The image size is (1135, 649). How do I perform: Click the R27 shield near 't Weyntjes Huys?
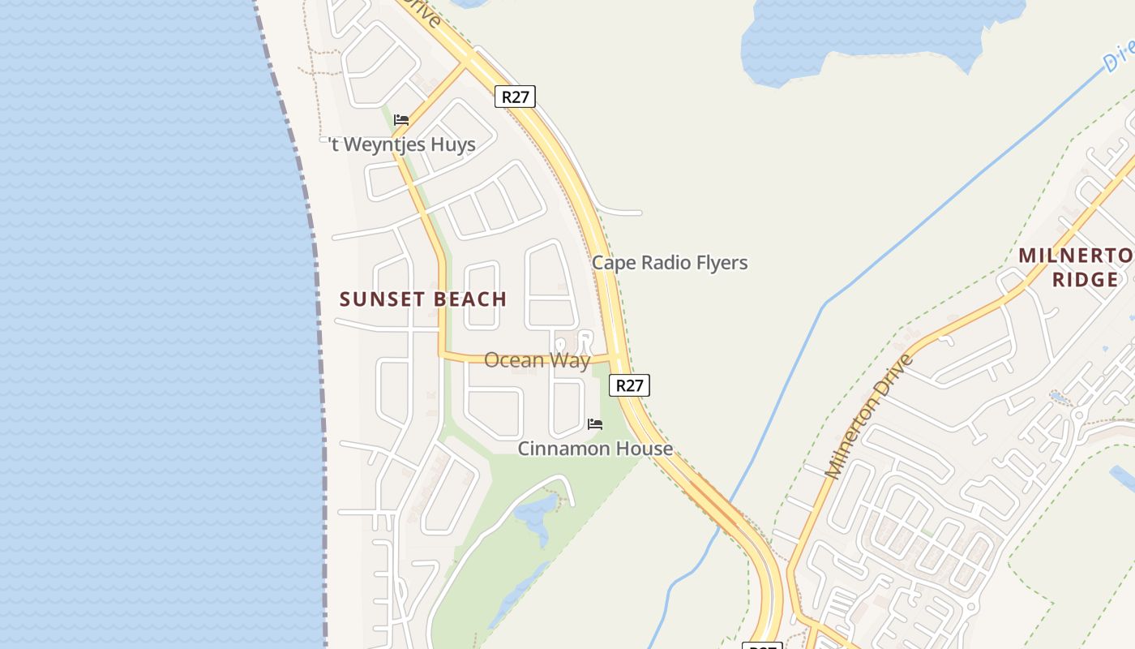click(515, 97)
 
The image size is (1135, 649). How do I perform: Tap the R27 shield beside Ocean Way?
click(629, 385)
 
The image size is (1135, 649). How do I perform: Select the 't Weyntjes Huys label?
click(402, 144)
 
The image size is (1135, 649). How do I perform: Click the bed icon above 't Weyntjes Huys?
click(400, 120)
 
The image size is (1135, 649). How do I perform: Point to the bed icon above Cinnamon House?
click(595, 423)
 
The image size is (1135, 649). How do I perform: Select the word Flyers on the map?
click(720, 263)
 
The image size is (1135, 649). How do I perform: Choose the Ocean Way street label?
click(537, 360)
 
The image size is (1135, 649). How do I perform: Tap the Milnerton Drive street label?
click(869, 415)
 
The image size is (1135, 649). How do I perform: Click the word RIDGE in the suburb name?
click(1085, 280)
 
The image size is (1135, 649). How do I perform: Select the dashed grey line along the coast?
click(312, 243)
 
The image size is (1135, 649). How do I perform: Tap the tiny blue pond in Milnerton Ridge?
click(1057, 398)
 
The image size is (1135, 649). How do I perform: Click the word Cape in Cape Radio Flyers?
click(610, 263)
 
